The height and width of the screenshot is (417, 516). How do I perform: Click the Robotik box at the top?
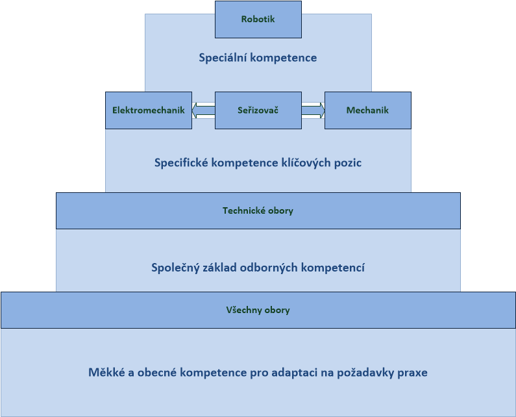258,19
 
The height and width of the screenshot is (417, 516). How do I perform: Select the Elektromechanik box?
149,110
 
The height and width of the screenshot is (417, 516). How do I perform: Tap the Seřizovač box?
258,110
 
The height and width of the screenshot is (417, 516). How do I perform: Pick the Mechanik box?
367,110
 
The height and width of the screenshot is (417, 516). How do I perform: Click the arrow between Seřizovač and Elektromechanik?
203,110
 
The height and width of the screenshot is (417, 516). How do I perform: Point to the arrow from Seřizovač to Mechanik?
313,110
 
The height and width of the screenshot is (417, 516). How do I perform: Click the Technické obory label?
258,211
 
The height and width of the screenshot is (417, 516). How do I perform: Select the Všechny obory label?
258,310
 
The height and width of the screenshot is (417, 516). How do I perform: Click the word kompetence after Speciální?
284,58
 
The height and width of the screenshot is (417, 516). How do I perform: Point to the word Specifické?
181,163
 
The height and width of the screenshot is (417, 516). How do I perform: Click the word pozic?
348,163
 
